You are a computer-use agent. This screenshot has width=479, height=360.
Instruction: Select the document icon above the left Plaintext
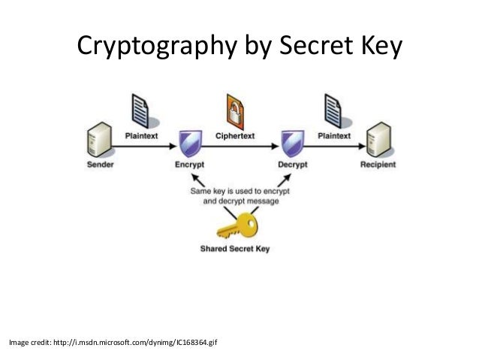pyautogui.click(x=140, y=110)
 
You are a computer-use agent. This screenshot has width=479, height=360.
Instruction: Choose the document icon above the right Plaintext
pyautogui.click(x=333, y=110)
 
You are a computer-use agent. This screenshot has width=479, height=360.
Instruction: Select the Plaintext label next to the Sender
pyautogui.click(x=140, y=135)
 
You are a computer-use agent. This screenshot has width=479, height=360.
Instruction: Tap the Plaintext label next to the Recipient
pyautogui.click(x=334, y=135)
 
